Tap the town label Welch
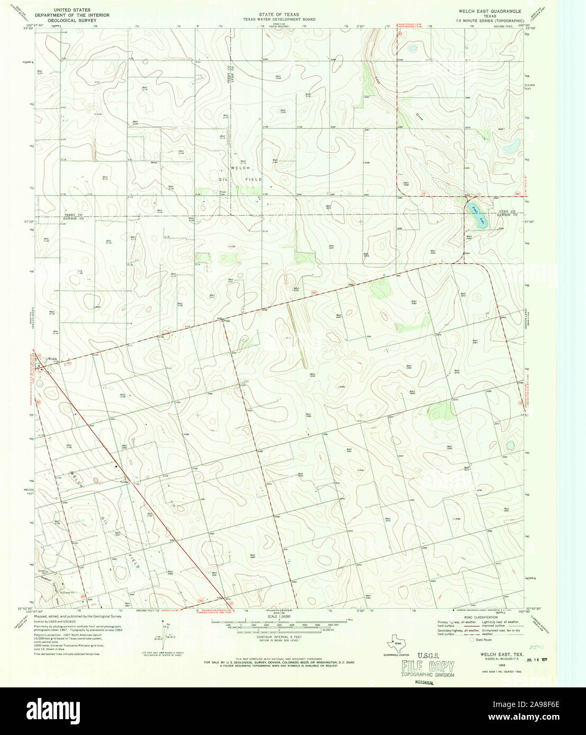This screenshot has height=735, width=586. [51, 359]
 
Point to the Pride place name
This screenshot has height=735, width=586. [227, 320]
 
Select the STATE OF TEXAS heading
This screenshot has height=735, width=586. [279, 14]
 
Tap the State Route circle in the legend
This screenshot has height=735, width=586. [472, 640]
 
